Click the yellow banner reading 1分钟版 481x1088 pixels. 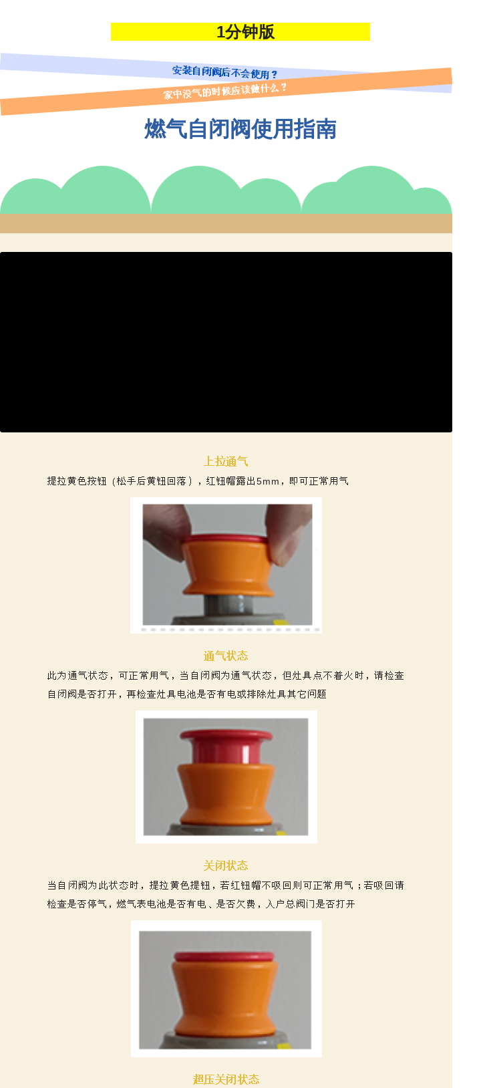coord(240,31)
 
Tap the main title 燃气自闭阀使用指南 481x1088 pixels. coord(240,129)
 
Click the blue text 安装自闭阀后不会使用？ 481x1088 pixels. coord(224,72)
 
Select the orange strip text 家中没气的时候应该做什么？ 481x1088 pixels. coord(224,91)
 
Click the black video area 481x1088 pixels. coord(226,342)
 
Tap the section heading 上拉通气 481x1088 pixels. coord(226,461)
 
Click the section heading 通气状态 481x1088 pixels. coord(226,656)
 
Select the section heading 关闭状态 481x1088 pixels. coord(226,865)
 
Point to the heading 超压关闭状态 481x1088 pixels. coord(226,1079)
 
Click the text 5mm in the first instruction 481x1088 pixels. coord(267,481)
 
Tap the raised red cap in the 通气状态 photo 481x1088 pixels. coord(226,746)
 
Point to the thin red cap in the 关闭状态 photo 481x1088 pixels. coord(224,956)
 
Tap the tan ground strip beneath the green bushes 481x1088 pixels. coord(226,223)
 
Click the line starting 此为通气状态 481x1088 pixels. coord(226,676)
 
